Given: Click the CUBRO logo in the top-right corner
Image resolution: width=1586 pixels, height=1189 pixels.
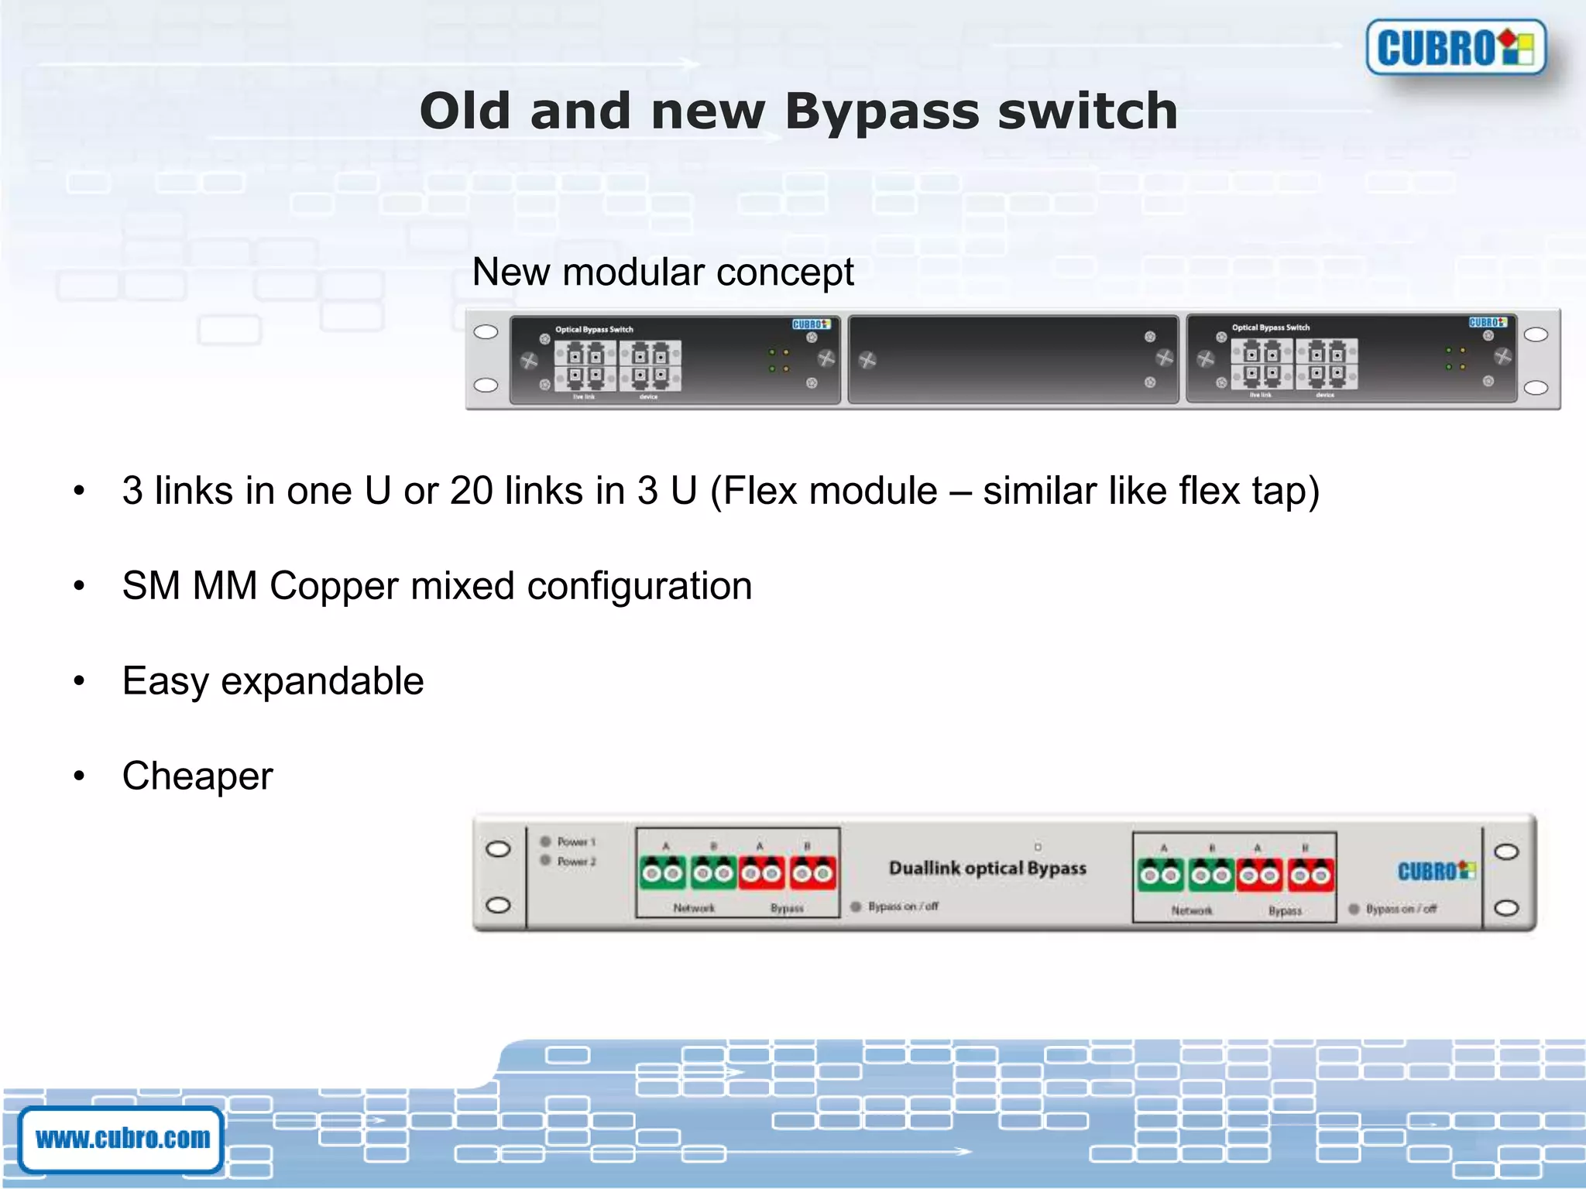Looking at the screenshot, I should tap(1455, 47).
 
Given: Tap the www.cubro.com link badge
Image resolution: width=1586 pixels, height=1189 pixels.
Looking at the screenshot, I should tap(122, 1139).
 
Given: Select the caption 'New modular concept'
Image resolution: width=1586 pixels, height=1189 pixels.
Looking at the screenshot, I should tap(662, 272).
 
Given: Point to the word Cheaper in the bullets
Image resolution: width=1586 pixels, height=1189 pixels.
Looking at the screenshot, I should tap(197, 776).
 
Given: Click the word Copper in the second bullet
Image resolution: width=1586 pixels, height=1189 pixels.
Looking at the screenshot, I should tap(335, 586).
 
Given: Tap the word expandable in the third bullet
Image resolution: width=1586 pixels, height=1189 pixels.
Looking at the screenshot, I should tap(322, 681).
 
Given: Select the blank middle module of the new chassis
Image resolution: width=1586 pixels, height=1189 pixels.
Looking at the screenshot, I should tap(1013, 359).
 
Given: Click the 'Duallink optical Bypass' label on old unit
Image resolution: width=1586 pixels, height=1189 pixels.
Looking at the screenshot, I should tap(987, 869).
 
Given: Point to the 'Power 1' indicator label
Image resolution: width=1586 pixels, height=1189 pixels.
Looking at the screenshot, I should tap(576, 841).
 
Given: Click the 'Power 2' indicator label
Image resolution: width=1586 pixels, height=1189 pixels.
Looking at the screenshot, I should tap(576, 861).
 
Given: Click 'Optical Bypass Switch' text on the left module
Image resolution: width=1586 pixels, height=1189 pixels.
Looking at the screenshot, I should tap(594, 330).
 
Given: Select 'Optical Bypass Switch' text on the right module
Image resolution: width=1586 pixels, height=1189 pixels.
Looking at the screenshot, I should tap(1271, 327).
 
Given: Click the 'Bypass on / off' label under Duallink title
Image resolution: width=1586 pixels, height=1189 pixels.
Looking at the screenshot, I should tap(903, 906).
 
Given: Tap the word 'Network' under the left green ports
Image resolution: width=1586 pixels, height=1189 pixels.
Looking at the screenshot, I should tap(694, 908).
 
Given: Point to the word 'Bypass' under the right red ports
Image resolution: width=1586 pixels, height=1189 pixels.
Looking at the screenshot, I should tap(1285, 911).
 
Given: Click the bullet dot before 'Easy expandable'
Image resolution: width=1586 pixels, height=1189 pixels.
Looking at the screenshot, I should tap(79, 681).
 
